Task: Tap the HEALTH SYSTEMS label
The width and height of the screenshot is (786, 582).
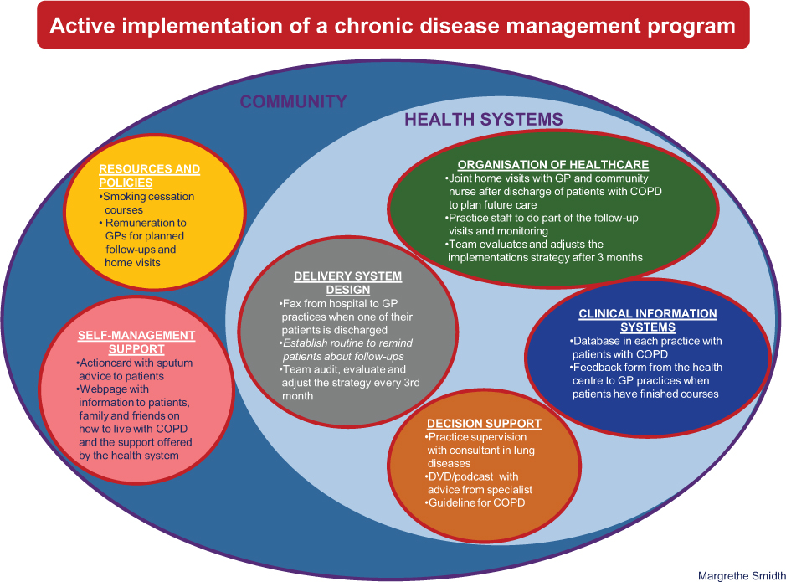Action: coord(484,120)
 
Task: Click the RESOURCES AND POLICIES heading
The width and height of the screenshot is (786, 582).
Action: coord(149,176)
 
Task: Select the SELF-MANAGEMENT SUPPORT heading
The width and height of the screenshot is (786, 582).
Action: coord(136,342)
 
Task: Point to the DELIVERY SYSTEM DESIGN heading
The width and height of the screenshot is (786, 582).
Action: coord(347,283)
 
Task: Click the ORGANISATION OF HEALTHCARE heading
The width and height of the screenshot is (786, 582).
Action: coord(553,165)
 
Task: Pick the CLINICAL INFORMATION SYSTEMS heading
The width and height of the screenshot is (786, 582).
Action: coord(648,321)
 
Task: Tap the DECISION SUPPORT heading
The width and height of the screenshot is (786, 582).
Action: coord(484,424)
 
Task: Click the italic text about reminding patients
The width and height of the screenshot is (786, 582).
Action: coord(347,350)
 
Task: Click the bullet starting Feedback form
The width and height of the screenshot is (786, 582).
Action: coord(647,380)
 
